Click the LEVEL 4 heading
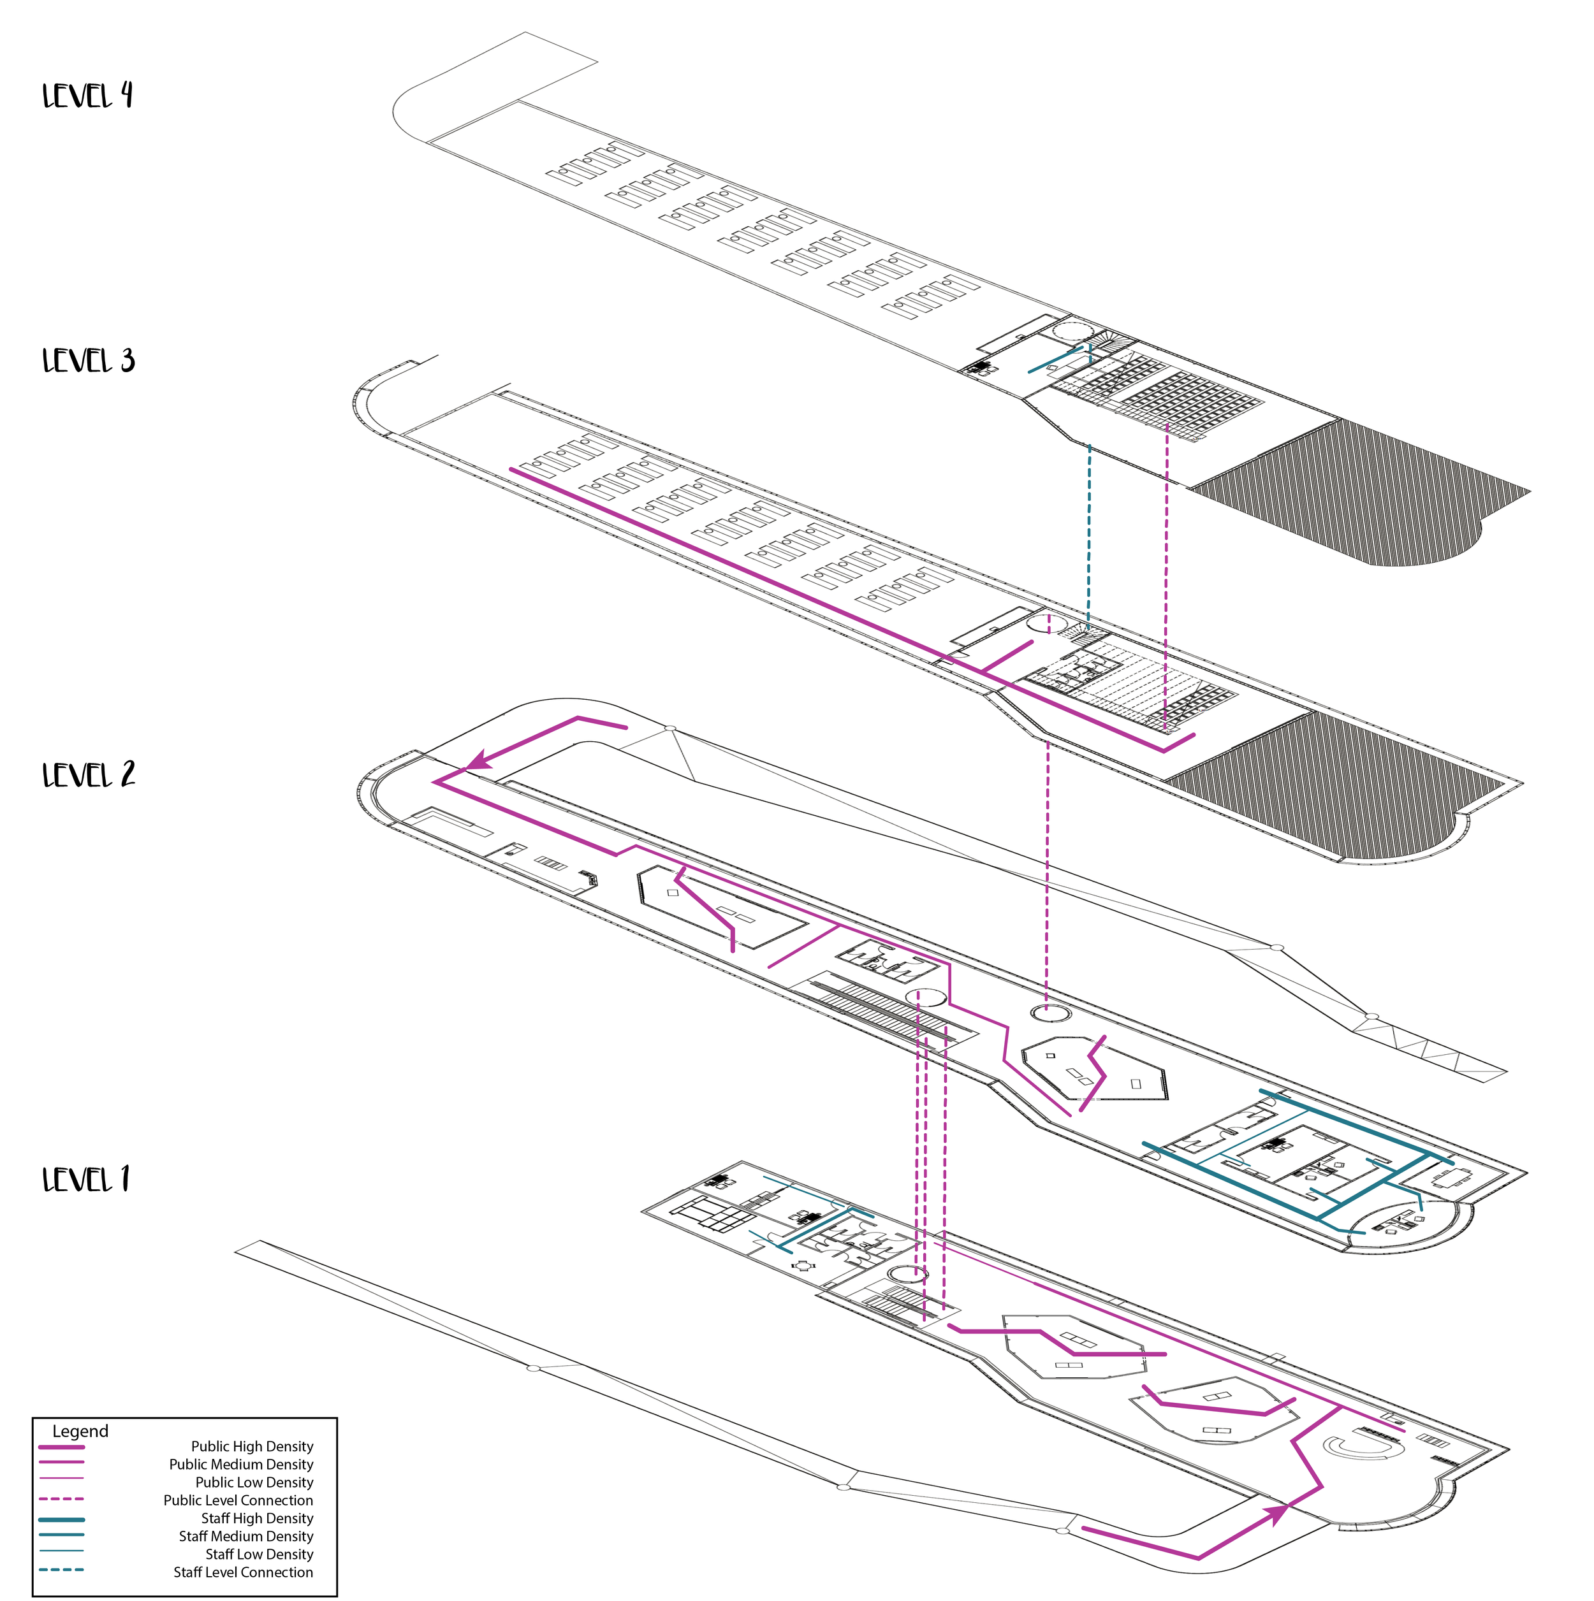pos(87,96)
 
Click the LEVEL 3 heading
pos(88,361)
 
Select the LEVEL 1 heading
pos(86,1179)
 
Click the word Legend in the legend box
pos(80,1432)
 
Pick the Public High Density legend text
pos(252,1447)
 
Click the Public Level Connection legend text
pos(238,1501)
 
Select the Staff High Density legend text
pos(257,1519)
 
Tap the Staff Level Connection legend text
pos(243,1573)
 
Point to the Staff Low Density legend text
pos(259,1554)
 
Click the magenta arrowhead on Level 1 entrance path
pos(1277,1513)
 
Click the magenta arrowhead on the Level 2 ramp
pos(481,759)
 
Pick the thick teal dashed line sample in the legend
pos(61,1570)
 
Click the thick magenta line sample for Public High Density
pos(61,1447)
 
